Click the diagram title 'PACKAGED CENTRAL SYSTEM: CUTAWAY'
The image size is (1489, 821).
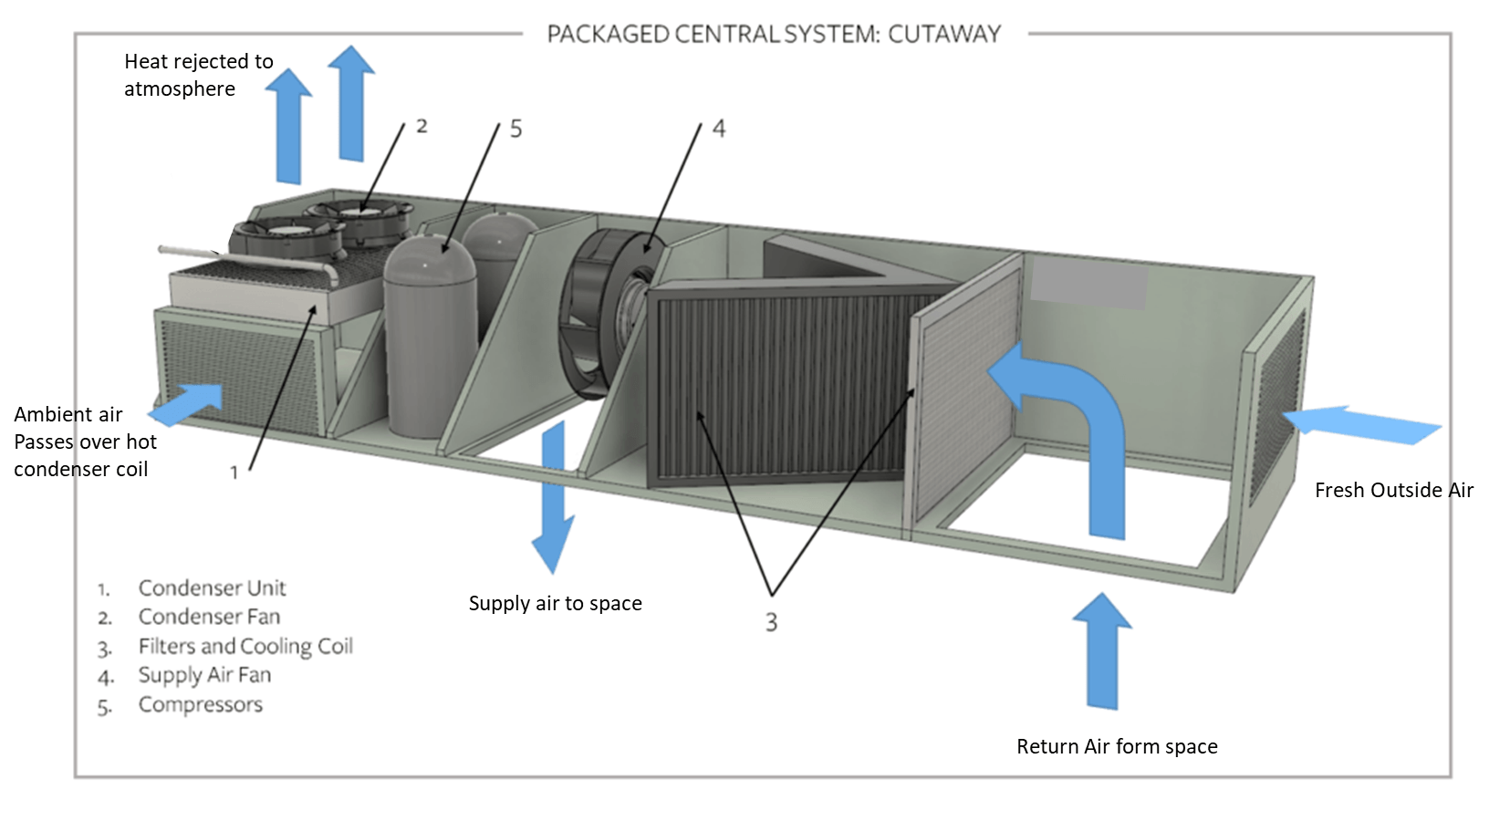click(x=774, y=35)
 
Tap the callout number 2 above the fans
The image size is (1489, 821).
click(x=422, y=126)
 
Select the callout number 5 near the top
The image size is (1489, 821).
click(x=515, y=129)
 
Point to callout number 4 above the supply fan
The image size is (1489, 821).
click(x=719, y=129)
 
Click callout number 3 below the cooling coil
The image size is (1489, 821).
click(x=771, y=622)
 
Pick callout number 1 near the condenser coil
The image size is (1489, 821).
click(x=234, y=472)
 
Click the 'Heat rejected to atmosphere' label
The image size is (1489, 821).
click(x=198, y=75)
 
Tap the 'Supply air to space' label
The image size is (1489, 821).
click(x=555, y=603)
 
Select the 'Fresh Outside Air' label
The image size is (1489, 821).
click(x=1393, y=490)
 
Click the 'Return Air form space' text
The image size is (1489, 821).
click(x=1117, y=746)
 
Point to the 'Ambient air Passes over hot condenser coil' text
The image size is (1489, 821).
click(x=84, y=442)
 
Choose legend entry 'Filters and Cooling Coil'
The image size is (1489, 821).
click(x=245, y=646)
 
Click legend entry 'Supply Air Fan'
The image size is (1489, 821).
click(x=204, y=675)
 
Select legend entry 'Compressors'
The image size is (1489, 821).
click(x=200, y=704)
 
